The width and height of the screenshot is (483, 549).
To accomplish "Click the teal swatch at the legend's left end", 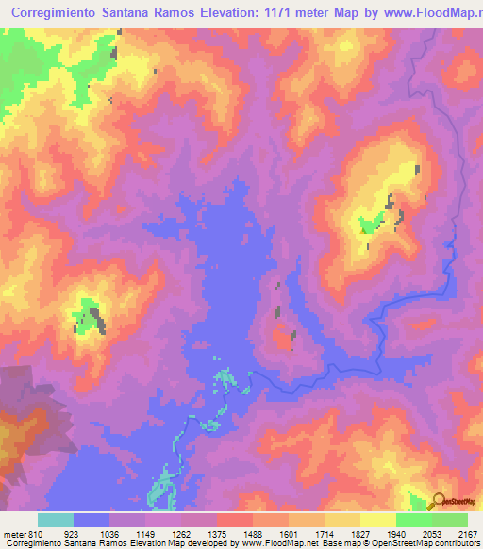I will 55,520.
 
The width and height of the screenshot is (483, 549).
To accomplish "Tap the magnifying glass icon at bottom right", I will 439,500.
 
